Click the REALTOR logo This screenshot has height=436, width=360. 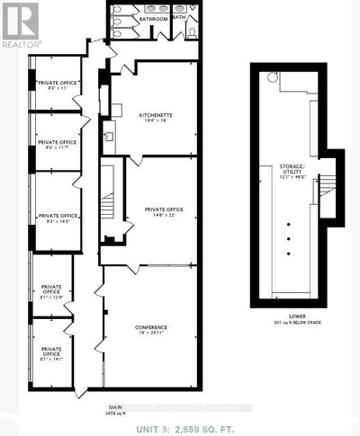[x=20, y=24]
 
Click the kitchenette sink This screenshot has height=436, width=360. [x=108, y=138]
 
